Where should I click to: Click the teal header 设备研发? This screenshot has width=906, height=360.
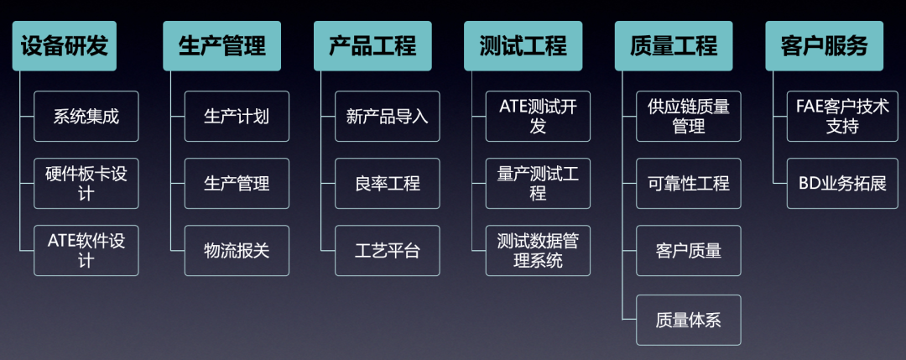tap(64, 46)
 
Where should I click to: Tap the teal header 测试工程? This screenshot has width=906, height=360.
tap(516, 46)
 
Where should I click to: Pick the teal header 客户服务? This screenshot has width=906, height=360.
tap(818, 46)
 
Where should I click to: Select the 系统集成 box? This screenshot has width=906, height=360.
tap(86, 116)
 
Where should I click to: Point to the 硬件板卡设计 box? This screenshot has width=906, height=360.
tap(86, 183)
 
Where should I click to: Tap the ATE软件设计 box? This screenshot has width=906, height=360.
tap(86, 250)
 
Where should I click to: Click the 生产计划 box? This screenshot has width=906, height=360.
tap(237, 116)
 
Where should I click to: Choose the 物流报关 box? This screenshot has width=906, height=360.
tap(237, 250)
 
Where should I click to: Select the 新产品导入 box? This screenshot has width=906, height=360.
tap(387, 116)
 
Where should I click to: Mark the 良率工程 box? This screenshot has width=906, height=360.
tap(387, 183)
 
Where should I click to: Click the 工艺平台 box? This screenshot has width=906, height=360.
tap(387, 250)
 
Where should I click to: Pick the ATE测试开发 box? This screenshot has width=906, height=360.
tap(538, 116)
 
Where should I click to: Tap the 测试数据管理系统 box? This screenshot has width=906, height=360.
tap(538, 250)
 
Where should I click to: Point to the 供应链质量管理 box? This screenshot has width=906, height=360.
tap(689, 116)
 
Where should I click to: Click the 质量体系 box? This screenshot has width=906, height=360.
tap(689, 320)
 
